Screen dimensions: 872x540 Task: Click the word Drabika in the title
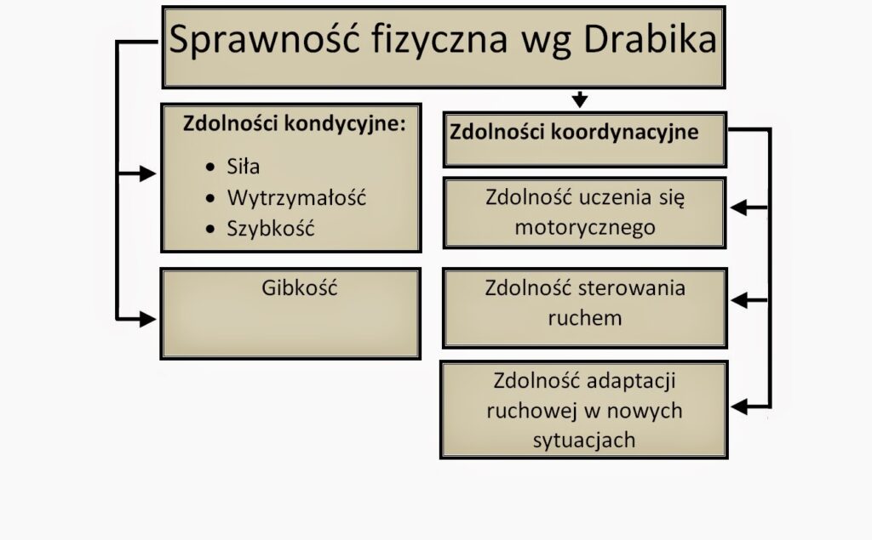pos(650,39)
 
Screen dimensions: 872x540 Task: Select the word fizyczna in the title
pos(439,41)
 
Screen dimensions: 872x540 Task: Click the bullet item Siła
pos(243,166)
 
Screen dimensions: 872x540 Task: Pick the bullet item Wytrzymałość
pos(296,198)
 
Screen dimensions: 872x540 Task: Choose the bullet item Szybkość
pos(270,229)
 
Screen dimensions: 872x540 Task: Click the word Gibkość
pos(299,287)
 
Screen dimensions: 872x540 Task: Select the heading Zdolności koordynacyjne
pos(574,132)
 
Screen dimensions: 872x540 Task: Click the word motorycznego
pos(585,227)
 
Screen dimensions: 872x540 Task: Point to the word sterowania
pos(632,287)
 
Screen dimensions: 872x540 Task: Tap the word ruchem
pos(584,318)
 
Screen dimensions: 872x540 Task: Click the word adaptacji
pos(631,381)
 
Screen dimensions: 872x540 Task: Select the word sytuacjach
pos(584,440)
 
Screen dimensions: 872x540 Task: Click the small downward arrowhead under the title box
pos(579,100)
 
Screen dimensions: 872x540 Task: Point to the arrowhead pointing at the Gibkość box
pos(148,320)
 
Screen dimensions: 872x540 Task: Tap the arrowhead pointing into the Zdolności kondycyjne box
pos(148,173)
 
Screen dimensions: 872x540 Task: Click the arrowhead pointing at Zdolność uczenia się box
pos(738,207)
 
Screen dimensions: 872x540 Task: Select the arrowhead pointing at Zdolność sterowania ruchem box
pos(738,300)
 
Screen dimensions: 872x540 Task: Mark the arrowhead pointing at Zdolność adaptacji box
pos(738,406)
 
